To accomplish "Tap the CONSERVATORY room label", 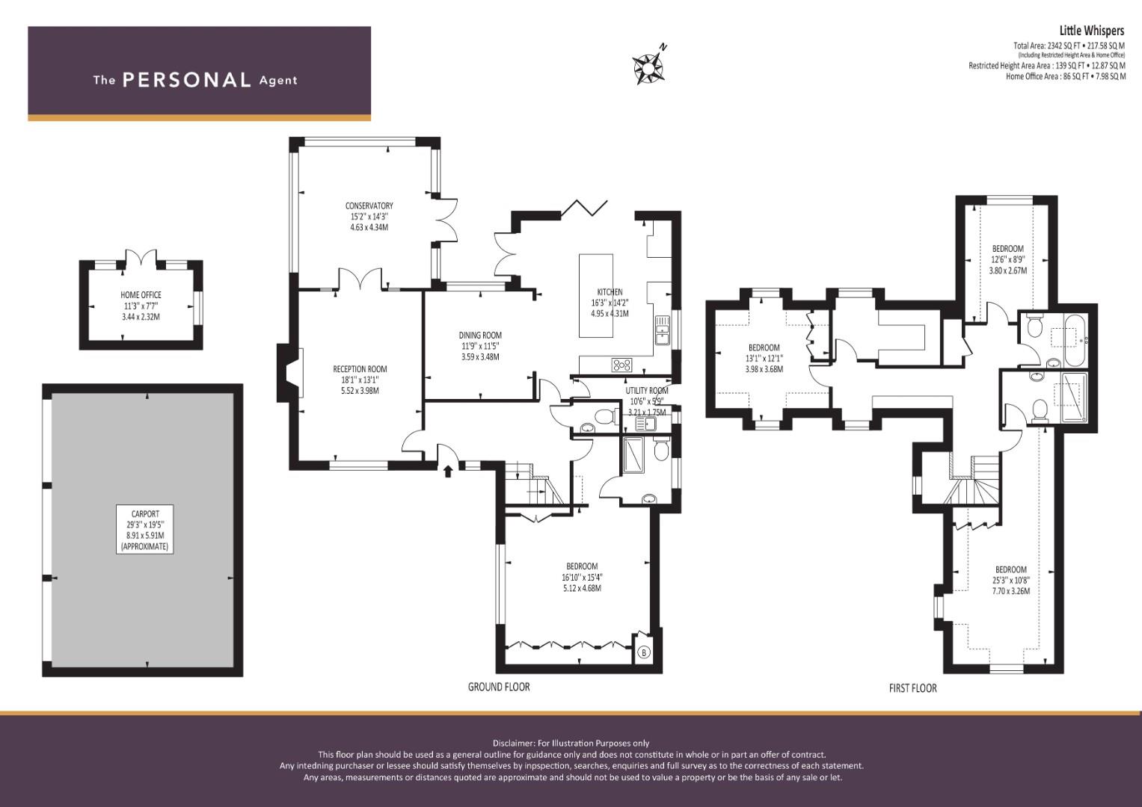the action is pyautogui.click(x=369, y=205).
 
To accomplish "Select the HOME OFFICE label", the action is pyautogui.click(x=141, y=295).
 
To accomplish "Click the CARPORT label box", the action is pyautogui.click(x=145, y=529).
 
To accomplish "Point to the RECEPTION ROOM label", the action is pyautogui.click(x=360, y=369).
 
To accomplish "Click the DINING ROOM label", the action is pyautogui.click(x=480, y=336).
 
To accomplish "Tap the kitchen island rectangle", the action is pyautogui.click(x=596, y=295).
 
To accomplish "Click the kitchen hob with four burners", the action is pyautogui.click(x=621, y=365).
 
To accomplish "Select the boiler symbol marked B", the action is pyautogui.click(x=644, y=652).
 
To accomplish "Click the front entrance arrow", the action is pyautogui.click(x=448, y=471).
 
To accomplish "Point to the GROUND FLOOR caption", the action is pyautogui.click(x=499, y=687).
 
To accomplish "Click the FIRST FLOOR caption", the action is pyautogui.click(x=912, y=688).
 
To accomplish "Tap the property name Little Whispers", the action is pyautogui.click(x=1092, y=31).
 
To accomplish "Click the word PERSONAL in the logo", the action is pyautogui.click(x=187, y=80).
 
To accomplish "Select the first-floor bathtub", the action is pyautogui.click(x=1075, y=340).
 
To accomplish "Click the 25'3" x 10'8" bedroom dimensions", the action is pyautogui.click(x=1011, y=581).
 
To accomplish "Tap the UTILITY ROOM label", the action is pyautogui.click(x=646, y=391).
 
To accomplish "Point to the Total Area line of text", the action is pyautogui.click(x=1069, y=46).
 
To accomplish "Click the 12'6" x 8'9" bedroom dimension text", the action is pyautogui.click(x=1007, y=260).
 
